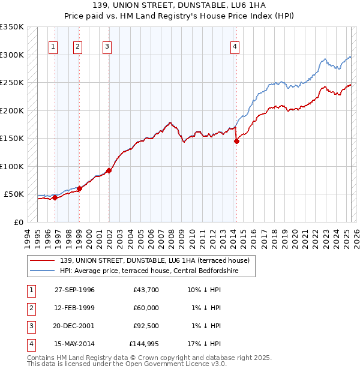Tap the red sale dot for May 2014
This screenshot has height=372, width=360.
click(x=236, y=142)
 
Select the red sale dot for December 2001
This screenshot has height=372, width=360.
click(x=109, y=170)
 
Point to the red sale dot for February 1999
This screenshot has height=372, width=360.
click(x=79, y=188)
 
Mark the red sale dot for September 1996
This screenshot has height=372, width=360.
click(x=55, y=197)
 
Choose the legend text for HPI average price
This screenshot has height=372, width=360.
click(x=149, y=271)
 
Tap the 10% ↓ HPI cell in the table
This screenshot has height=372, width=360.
click(x=204, y=290)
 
